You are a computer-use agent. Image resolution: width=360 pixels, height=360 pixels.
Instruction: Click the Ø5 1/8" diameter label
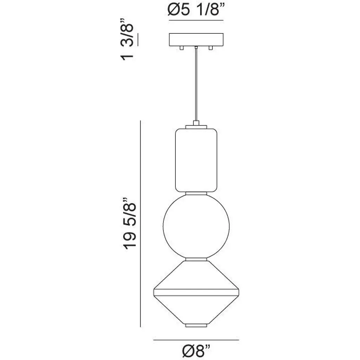pyautogui.click(x=196, y=10)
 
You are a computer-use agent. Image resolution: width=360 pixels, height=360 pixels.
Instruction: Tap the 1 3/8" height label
pyautogui.click(x=127, y=39)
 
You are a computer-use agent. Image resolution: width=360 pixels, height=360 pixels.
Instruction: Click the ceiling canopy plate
pyautogui.click(x=196, y=40)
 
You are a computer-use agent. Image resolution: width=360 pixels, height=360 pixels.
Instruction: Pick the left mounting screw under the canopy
pyautogui.click(x=182, y=48)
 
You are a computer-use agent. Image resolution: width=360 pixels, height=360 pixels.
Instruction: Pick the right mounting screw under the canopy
pyautogui.click(x=211, y=48)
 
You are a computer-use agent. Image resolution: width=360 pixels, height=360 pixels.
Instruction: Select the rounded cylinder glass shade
pyautogui.click(x=196, y=160)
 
